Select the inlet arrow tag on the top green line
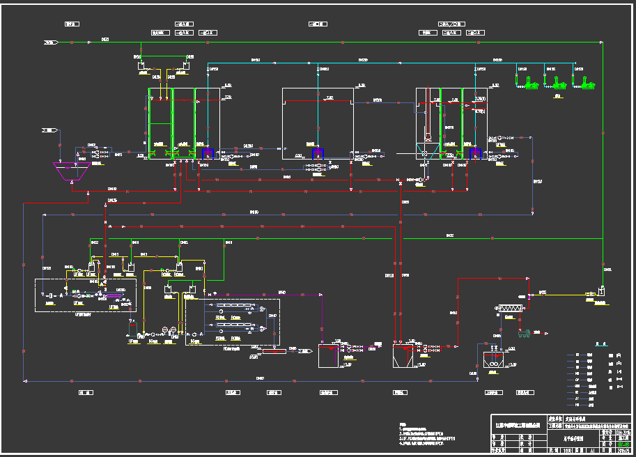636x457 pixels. point(50,42)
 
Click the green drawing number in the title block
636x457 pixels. point(624,444)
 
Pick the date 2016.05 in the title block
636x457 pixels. point(624,451)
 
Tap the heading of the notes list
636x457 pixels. point(402,424)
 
